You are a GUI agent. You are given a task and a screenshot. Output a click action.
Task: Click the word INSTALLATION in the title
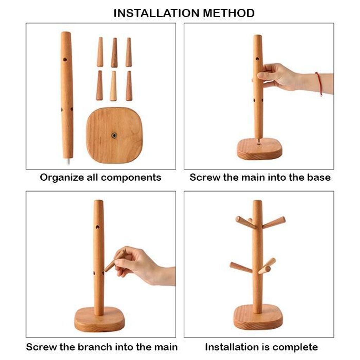(157, 13)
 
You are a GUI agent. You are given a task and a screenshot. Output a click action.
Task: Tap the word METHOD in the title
(229, 13)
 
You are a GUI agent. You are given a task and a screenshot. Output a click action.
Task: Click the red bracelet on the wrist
(319, 84)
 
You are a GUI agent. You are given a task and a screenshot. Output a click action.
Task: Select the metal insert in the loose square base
(114, 135)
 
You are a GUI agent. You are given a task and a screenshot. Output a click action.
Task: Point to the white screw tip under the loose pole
(69, 161)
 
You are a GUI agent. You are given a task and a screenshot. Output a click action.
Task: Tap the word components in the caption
(131, 178)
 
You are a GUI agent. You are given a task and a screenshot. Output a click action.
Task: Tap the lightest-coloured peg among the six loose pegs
(113, 86)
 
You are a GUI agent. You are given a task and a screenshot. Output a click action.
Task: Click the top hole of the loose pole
(65, 59)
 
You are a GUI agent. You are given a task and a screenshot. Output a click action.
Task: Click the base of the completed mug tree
(258, 317)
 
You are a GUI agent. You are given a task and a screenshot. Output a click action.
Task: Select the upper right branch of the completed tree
(274, 223)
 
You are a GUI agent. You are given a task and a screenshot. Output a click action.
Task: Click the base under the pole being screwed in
(259, 149)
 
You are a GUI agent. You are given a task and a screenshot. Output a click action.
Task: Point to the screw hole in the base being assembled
(259, 144)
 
